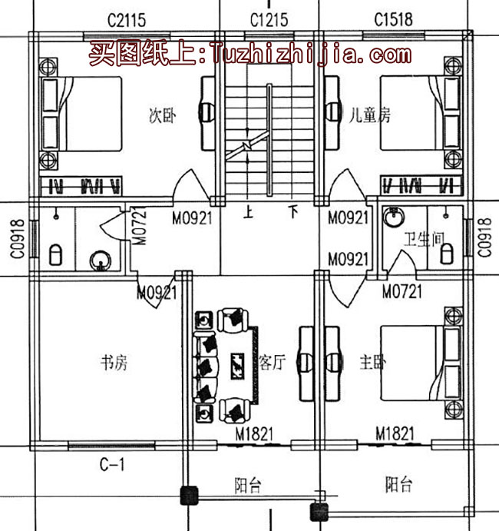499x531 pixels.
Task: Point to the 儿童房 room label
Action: [369, 115]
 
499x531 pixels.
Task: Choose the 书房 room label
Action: [114, 362]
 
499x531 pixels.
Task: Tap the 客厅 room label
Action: [272, 362]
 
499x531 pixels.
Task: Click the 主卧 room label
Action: [373, 362]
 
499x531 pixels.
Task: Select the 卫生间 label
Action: [425, 240]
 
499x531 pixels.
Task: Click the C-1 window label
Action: [112, 464]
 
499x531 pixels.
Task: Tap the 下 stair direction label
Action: [292, 211]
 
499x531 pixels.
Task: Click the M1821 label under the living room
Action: [254, 435]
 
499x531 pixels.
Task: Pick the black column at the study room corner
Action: [187, 496]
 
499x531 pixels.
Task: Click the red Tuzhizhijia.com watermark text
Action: [249, 55]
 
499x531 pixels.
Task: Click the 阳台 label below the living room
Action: [247, 485]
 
